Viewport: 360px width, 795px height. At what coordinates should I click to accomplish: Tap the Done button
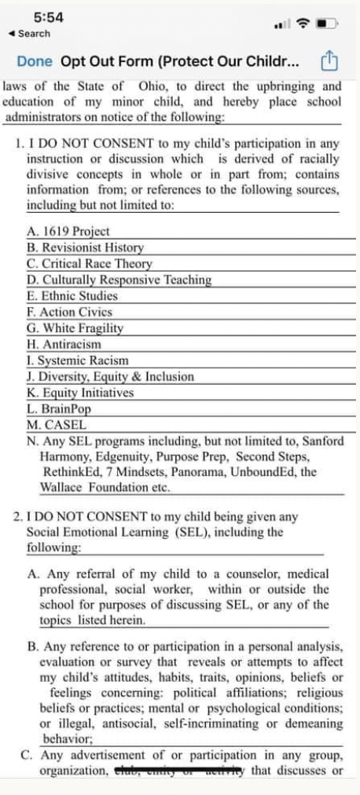pos(34,61)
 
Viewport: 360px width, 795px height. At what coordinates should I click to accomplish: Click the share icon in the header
pos(331,60)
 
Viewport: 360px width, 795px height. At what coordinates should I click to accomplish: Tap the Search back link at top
pos(28,34)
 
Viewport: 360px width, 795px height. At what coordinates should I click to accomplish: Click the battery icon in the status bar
pos(325,24)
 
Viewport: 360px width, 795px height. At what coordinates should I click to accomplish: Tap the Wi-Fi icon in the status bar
pos(302,24)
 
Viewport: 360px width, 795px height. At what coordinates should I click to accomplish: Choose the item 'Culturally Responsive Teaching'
pos(119,280)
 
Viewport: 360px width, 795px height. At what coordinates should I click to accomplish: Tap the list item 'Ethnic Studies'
pos(72,296)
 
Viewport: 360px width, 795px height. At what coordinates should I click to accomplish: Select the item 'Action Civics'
pos(69,312)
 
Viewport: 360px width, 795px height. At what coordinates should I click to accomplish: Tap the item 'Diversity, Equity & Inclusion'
pos(109,376)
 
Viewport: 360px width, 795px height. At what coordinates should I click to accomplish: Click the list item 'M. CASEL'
pos(56,424)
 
